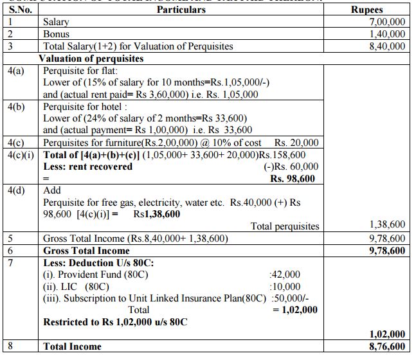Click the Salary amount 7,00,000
pos(386,22)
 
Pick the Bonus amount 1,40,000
pos(386,33)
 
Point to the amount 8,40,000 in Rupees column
pos(386,46)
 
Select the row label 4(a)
pos(16,70)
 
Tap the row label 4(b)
pos(16,106)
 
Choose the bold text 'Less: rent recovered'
pos(87,166)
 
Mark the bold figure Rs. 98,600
pos(293,178)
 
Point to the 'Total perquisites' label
pos(284,226)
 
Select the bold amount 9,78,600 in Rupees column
pos(386,250)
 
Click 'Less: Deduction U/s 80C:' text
pos(94,262)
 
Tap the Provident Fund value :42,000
pos(285,274)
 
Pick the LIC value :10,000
pos(285,286)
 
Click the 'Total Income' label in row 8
pos(72,346)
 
